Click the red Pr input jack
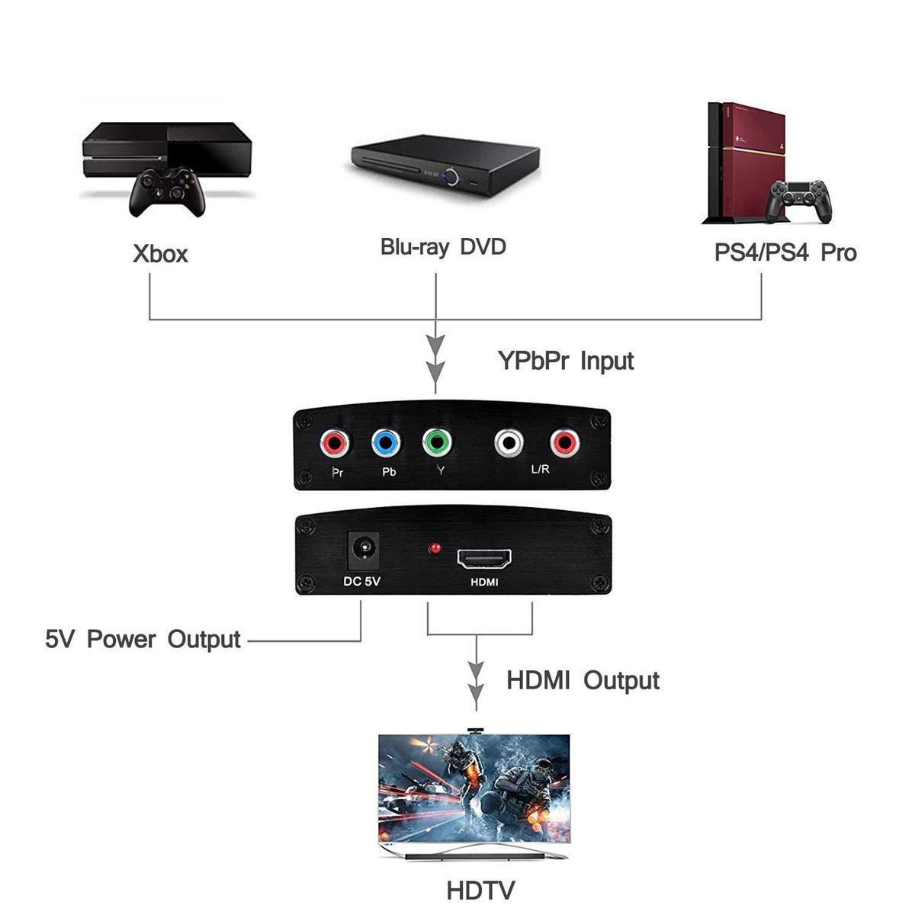335,442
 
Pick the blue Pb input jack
385,442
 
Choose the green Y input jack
435,442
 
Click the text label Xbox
160,254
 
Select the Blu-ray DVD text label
443,247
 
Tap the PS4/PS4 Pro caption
785,252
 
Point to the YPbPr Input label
566,360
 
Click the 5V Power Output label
143,639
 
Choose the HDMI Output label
583,680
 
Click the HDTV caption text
480,890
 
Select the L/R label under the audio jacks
540,470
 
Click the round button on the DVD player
455,178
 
